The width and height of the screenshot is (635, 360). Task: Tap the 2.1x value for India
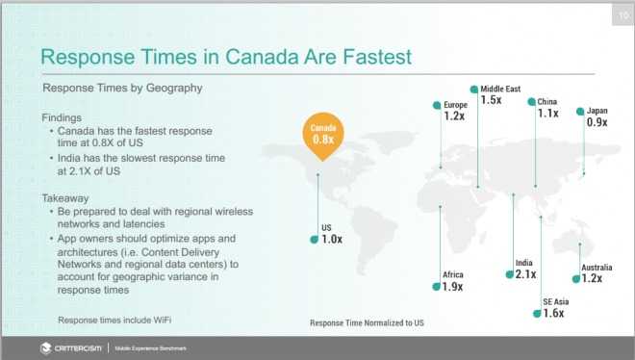(525, 274)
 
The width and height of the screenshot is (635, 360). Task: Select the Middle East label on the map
(500, 89)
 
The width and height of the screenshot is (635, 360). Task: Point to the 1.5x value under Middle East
(491, 99)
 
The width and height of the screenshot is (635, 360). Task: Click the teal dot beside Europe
(437, 105)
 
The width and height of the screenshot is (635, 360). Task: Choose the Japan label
(597, 111)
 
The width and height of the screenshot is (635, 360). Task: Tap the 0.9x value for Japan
(597, 122)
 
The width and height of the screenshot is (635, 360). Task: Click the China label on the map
(546, 102)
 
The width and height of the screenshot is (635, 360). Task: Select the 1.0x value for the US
(332, 240)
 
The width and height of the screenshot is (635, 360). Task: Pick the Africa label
(453, 274)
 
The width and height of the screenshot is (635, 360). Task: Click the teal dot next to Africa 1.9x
(436, 287)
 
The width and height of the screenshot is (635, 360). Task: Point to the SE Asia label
(556, 301)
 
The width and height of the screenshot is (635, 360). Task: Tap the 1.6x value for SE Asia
(553, 313)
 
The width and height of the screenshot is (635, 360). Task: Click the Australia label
(597, 268)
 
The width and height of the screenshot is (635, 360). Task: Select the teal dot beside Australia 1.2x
(576, 279)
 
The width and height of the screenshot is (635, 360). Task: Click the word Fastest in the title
(377, 57)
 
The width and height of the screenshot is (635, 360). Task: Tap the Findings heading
(62, 117)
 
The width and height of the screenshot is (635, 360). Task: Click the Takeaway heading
(65, 198)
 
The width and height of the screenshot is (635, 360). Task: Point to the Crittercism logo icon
(46, 348)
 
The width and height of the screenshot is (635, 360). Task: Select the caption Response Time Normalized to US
(367, 322)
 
